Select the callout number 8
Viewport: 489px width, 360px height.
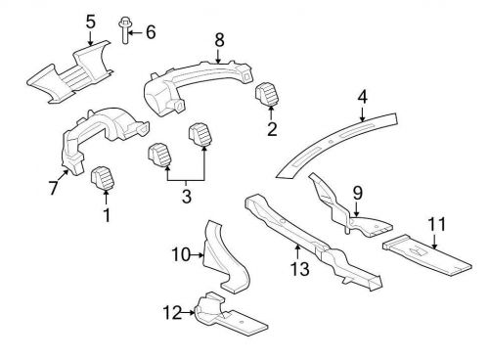click(x=219, y=40)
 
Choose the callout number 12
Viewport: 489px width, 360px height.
click(x=172, y=313)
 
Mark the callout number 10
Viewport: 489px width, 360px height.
click(x=180, y=255)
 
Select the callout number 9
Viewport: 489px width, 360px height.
click(x=357, y=194)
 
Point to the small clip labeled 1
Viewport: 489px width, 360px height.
click(x=100, y=179)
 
